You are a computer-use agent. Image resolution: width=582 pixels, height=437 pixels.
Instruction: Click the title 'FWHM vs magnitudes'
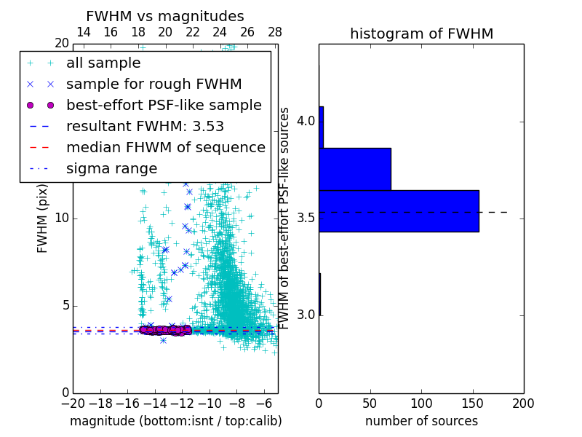pyautogui.click(x=164, y=16)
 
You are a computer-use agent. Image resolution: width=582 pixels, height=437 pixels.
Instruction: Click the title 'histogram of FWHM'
pyautogui.click(x=421, y=34)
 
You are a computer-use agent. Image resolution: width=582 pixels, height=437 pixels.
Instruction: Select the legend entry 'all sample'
pyautogui.click(x=103, y=63)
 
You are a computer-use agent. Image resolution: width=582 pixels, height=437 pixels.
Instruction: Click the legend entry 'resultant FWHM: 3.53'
pyautogui.click(x=145, y=126)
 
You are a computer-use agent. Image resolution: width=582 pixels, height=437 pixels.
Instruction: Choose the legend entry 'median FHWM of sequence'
pyautogui.click(x=165, y=147)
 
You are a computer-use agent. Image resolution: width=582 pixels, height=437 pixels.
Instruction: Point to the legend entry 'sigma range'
pyautogui.click(x=111, y=168)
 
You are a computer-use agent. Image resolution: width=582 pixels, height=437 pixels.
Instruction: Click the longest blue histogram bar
pyautogui.click(x=399, y=210)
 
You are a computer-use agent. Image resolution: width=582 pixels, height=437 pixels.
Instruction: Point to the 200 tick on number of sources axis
pyautogui.click(x=523, y=403)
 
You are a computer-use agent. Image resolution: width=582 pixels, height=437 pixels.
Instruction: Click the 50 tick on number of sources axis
pyautogui.click(x=370, y=403)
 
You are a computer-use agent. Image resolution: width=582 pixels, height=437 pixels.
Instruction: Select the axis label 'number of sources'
pyautogui.click(x=421, y=421)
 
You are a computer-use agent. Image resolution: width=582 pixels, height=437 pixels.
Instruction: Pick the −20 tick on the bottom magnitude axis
pyautogui.click(x=71, y=403)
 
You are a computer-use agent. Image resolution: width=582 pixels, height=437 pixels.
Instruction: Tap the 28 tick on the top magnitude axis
pyautogui.click(x=274, y=33)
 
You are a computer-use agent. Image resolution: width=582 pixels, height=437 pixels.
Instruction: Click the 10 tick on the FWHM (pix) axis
pyautogui.click(x=61, y=219)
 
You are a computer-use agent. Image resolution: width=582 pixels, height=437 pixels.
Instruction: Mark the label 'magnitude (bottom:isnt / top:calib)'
pyautogui.click(x=175, y=421)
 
